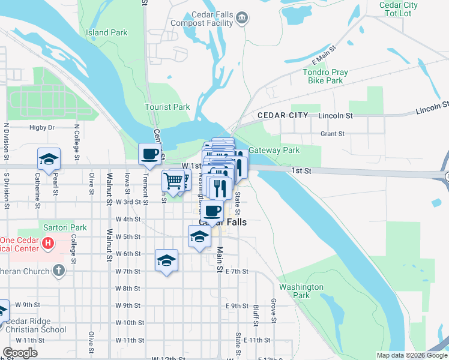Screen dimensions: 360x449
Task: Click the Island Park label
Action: coord(106,32)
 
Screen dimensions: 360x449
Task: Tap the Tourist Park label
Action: coord(167,107)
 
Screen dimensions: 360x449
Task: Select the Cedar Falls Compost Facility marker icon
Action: coord(241,18)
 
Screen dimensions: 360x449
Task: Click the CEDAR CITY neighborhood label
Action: coord(282,115)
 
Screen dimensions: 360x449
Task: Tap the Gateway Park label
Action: coord(274,150)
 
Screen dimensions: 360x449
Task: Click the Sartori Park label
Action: coord(65,228)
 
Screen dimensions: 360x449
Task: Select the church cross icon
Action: coord(58,270)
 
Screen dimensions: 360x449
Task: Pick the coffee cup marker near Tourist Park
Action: coord(150,154)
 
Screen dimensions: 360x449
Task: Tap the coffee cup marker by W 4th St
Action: coord(212,211)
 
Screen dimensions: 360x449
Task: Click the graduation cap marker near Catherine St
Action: coord(49,160)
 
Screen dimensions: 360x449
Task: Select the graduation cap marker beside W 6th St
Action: coord(166,260)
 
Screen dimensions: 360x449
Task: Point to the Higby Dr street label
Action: coord(42,127)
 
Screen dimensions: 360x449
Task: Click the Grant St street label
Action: coord(333,134)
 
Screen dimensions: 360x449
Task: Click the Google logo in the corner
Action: coord(19,353)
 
